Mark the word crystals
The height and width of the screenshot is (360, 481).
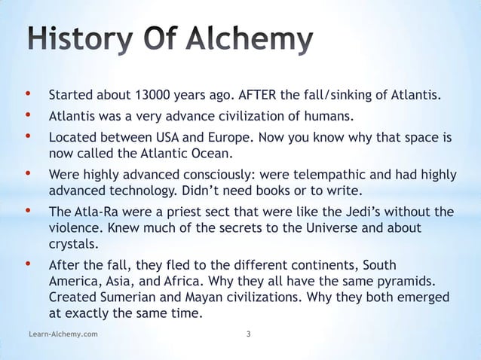point(72,243)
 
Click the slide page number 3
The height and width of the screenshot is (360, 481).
point(249,332)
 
